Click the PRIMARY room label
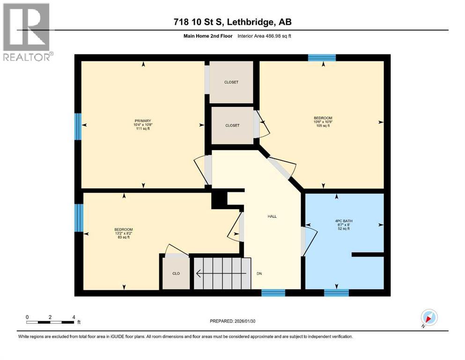coord(142,120)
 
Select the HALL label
coord(272,217)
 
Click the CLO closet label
coord(176,273)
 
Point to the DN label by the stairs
coord(258,273)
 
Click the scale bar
coord(51,322)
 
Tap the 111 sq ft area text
coord(142,129)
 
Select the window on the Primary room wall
coord(78,126)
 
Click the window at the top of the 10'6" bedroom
coord(322,58)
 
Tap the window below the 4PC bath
coord(336,293)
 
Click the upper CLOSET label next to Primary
coord(231,82)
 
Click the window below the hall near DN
coord(273,293)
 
